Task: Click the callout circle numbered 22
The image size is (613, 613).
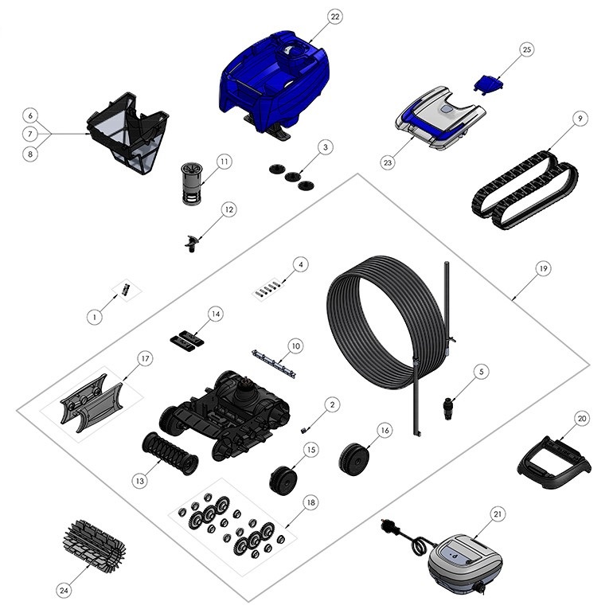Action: pyautogui.click(x=334, y=17)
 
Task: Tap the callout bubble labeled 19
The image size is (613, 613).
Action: pyautogui.click(x=543, y=268)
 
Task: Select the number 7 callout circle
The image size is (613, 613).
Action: pyautogui.click(x=30, y=134)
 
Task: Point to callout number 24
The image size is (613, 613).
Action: pyautogui.click(x=64, y=591)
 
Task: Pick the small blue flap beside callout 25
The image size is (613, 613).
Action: pyautogui.click(x=489, y=84)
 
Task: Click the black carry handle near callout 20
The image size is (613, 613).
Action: pyautogui.click(x=553, y=463)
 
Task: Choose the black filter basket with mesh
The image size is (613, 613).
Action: pyautogui.click(x=128, y=132)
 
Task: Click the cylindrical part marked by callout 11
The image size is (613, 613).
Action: pyautogui.click(x=192, y=183)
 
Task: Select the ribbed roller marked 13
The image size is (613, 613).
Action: pyautogui.click(x=170, y=454)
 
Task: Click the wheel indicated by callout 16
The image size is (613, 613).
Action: pyautogui.click(x=353, y=459)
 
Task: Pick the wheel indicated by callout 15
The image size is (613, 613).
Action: pyautogui.click(x=283, y=480)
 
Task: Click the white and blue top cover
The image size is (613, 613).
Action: pyautogui.click(x=440, y=117)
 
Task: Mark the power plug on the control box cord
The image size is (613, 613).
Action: pyautogui.click(x=389, y=526)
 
